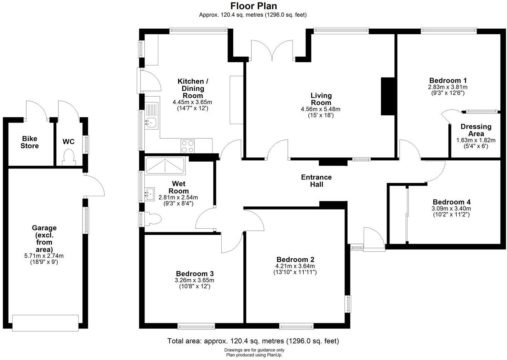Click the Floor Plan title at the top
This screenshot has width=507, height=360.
point(253,6)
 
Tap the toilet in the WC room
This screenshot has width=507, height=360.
point(68,157)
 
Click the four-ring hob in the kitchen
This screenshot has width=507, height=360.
point(188,146)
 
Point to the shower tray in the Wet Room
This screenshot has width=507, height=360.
point(165,166)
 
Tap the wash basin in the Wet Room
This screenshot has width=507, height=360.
point(150,194)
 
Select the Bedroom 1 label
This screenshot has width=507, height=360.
point(448,80)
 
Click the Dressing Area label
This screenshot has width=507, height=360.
point(475,130)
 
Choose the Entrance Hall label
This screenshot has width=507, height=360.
point(316,181)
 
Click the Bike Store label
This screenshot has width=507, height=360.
point(30,142)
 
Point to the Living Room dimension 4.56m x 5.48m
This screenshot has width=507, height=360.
point(320,109)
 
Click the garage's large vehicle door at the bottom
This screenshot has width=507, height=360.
point(45,323)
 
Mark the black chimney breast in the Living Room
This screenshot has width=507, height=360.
point(388,96)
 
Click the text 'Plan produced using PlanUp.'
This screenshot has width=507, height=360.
point(254,355)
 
